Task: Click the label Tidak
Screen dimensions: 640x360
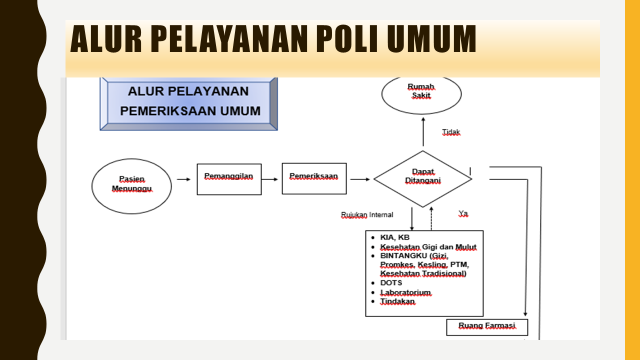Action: pyautogui.click(x=451, y=132)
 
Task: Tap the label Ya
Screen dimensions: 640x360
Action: pyautogui.click(x=463, y=213)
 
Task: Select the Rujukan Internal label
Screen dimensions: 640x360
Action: pyautogui.click(x=367, y=215)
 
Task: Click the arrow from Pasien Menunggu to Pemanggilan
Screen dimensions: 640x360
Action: pyautogui.click(x=183, y=179)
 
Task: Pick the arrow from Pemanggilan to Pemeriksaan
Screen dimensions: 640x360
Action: pyautogui.click(x=269, y=179)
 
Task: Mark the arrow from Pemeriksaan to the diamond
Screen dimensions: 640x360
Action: pyautogui.click(x=360, y=179)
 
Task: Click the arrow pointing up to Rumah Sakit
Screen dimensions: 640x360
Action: pyautogui.click(x=423, y=131)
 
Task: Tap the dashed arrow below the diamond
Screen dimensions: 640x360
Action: pyautogui.click(x=431, y=218)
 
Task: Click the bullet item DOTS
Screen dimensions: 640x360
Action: pyautogui.click(x=391, y=283)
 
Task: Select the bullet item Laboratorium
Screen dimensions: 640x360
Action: pyautogui.click(x=405, y=292)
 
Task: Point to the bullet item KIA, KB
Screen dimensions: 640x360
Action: pyautogui.click(x=395, y=237)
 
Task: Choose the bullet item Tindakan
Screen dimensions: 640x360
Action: pyautogui.click(x=397, y=301)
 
